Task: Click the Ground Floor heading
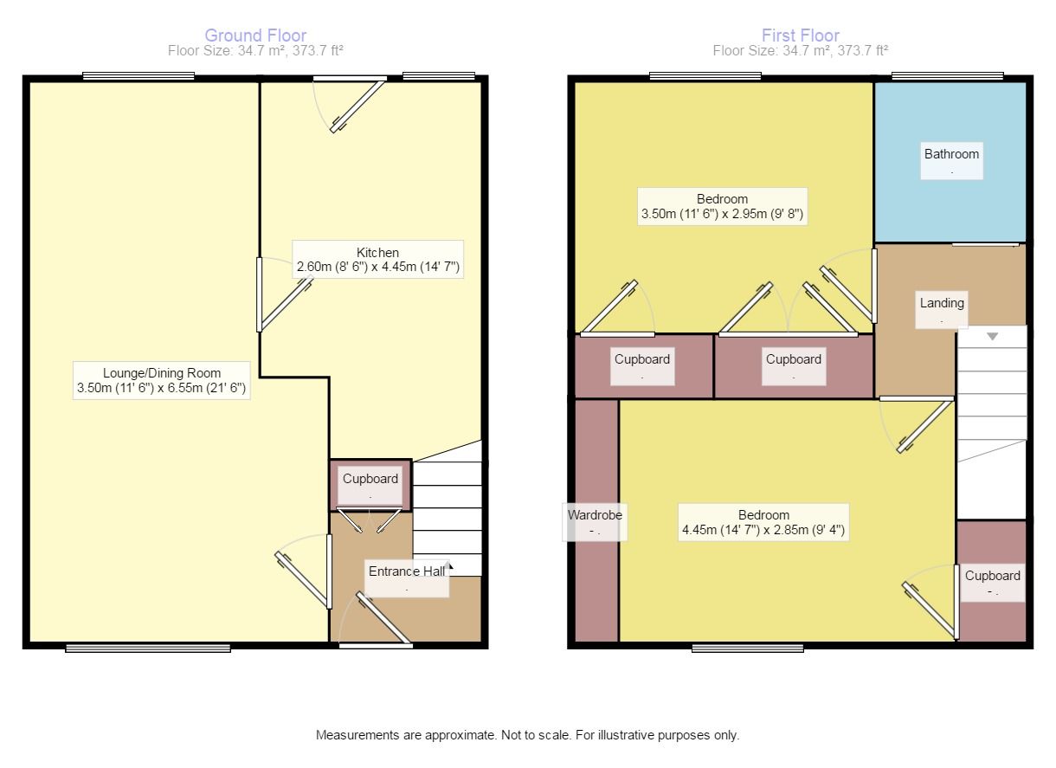pos(255,35)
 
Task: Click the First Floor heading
pos(801,35)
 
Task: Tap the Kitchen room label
pos(377,252)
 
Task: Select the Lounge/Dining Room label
pos(162,373)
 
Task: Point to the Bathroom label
pos(951,154)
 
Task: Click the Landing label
pos(942,303)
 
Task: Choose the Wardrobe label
pos(595,515)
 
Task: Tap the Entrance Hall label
pos(407,571)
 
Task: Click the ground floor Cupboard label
pos(370,479)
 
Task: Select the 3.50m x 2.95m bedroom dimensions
pos(722,214)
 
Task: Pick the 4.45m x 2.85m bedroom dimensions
pos(763,529)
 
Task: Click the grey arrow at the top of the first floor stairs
pos(992,337)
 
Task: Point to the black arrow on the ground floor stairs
pos(448,566)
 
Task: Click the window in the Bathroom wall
pos(948,76)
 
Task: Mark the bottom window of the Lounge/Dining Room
pos(148,649)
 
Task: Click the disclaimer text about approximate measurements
pos(527,735)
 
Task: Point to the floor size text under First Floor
pos(801,50)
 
